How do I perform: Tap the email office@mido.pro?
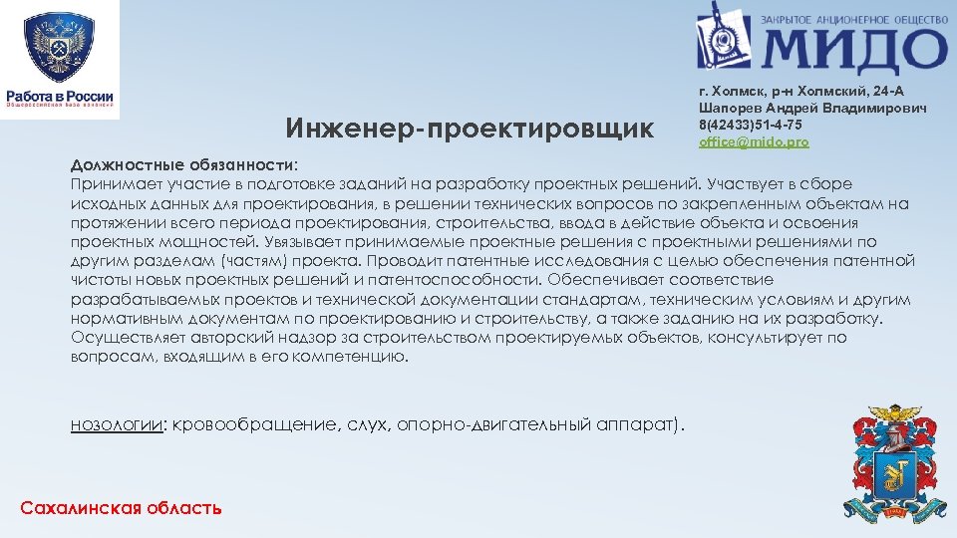pos(754,142)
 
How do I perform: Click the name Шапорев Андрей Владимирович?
pos(813,108)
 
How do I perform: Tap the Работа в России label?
pos(60,97)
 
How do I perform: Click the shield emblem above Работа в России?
pos(59,46)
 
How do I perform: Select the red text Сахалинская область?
pos(121,508)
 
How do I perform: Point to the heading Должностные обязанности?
pos(182,163)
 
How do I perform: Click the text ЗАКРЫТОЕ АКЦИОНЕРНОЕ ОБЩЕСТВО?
pos(852,17)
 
